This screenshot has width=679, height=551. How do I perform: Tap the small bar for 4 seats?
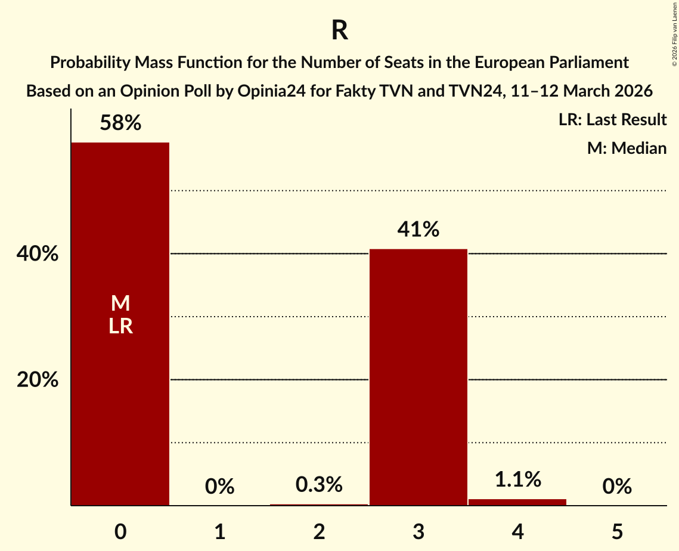(517, 502)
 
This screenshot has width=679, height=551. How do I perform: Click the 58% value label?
(120, 123)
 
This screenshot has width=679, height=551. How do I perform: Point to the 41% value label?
(418, 230)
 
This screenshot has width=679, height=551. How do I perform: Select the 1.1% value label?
(517, 479)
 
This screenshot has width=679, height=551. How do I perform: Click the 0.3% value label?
(319, 485)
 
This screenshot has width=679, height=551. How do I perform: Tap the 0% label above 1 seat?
(219, 487)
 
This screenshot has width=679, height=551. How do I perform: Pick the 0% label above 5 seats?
(616, 487)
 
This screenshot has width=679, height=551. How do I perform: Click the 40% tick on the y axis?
(38, 254)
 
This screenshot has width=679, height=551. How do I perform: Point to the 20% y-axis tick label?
(38, 380)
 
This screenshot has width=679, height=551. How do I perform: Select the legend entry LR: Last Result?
(612, 120)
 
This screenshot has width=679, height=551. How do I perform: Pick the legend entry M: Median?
(627, 148)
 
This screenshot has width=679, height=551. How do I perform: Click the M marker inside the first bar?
(120, 304)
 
